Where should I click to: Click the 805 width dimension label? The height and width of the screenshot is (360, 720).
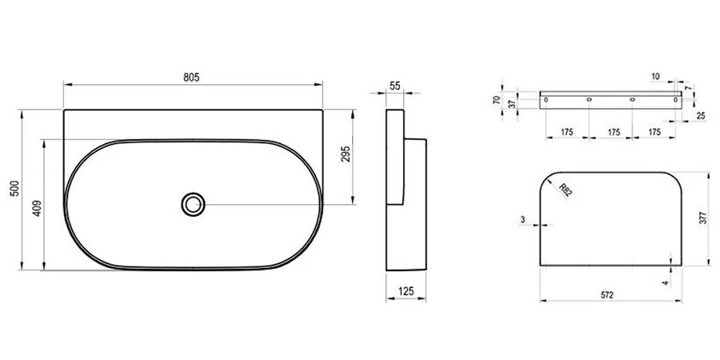(x=190, y=77)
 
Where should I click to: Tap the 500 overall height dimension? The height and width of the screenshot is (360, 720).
(x=14, y=190)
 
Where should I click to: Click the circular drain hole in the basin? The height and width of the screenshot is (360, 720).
(x=193, y=203)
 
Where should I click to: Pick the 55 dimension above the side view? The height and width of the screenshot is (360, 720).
(x=395, y=85)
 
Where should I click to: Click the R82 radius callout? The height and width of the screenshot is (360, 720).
(x=565, y=190)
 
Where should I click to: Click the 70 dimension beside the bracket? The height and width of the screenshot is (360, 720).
(x=497, y=100)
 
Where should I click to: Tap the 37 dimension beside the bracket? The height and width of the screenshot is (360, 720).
(x=511, y=103)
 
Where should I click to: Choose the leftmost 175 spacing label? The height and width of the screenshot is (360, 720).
(x=566, y=131)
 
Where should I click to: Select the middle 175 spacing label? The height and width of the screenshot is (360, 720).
(x=611, y=131)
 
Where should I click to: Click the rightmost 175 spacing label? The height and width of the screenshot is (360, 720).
(x=654, y=131)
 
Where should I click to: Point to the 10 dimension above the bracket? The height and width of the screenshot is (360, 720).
(x=656, y=77)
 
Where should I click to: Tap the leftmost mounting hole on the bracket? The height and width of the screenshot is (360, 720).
(x=546, y=100)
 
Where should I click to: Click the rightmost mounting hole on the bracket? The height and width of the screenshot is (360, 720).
(x=675, y=100)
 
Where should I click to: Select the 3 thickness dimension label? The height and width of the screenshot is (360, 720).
(x=522, y=218)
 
